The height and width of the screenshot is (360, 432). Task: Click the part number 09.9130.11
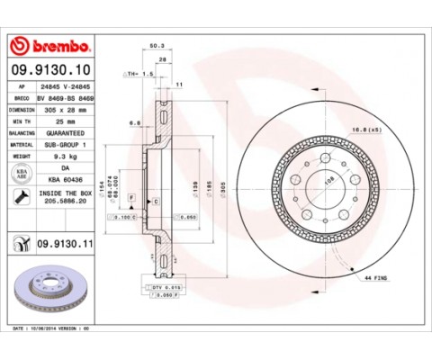coord(65,242)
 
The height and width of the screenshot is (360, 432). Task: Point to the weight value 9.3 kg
coord(68,155)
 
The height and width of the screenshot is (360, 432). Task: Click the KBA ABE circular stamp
coord(22,171)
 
